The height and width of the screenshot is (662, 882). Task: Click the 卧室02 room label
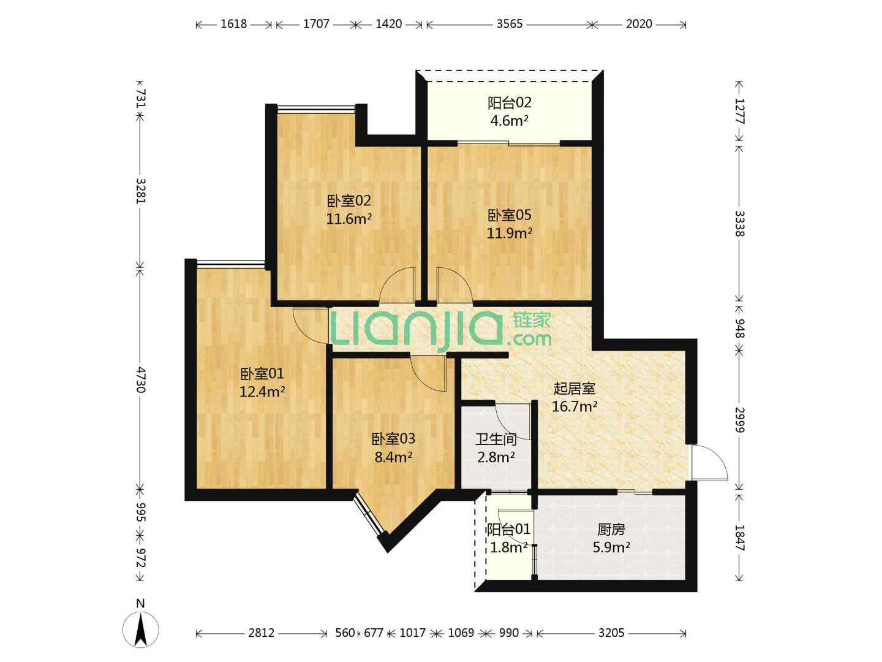pos(349,200)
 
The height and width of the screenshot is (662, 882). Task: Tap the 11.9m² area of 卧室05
pos(509,233)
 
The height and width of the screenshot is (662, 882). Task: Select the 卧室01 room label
pos(262,374)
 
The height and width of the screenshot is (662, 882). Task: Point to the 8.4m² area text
pos(393,457)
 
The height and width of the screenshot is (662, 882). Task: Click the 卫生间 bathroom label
pos(496,439)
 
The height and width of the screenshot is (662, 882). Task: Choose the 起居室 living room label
pos(574,388)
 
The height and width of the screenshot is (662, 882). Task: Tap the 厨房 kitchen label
pos(611,530)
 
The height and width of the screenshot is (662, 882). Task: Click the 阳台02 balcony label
pos(509,103)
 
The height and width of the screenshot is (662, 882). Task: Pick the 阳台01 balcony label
pos(508,530)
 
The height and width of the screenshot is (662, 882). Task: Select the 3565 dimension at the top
pos(509,24)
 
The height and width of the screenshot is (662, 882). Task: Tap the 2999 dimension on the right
pos(739,420)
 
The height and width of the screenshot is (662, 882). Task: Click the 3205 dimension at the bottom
pos(611,633)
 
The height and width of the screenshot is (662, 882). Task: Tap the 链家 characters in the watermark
pos(531,321)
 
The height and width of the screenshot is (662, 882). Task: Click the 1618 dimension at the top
pos(233,24)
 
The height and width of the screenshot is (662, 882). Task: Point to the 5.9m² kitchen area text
pos(611,547)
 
